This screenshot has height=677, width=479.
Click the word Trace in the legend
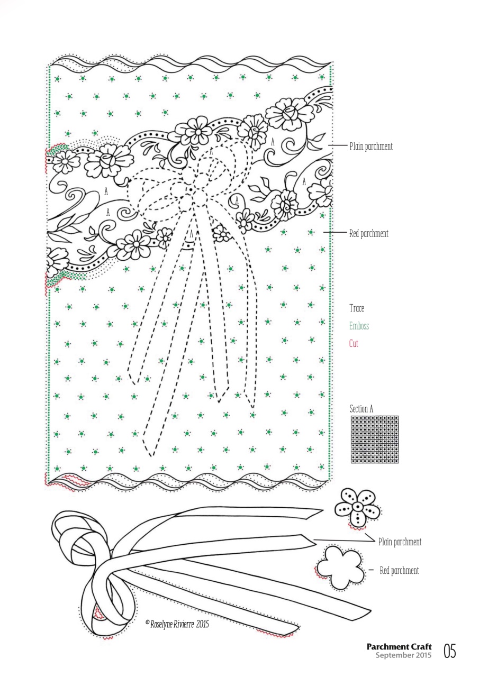pos(357,308)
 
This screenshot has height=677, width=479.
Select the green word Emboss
pos(359,326)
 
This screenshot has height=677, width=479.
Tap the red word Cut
pos(354,344)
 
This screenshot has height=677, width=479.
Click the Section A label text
pos(361,409)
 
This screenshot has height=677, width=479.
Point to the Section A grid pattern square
pos(374,440)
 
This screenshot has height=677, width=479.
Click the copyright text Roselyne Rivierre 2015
pos(177,624)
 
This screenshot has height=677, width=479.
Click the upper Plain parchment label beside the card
pos(370,147)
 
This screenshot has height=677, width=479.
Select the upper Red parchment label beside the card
pos(368,233)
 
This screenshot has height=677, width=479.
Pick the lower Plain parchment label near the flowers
pos(400,542)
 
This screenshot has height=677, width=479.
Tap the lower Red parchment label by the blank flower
pos(399,571)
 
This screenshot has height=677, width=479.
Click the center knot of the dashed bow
pos(189,189)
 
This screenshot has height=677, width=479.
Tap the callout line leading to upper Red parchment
pos(335,232)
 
